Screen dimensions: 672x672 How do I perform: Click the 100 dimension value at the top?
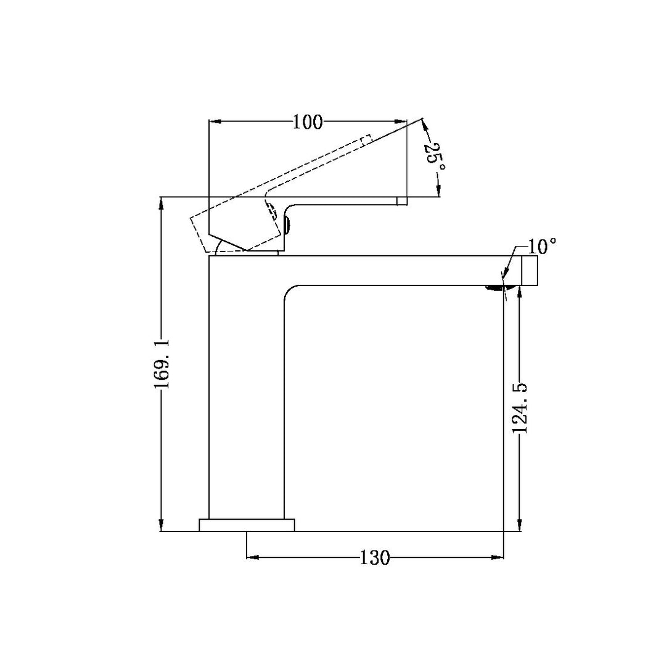point(308,122)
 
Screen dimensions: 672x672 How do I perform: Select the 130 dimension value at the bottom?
point(375,559)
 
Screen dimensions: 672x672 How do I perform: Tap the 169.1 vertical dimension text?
point(162,364)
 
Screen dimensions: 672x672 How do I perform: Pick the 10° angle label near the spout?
point(542,247)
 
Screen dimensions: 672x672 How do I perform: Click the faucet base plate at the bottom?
point(247,525)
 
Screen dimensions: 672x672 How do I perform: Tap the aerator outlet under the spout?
point(496,287)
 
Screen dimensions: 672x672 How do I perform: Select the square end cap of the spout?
point(530,271)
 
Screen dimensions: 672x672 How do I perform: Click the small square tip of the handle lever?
point(401,200)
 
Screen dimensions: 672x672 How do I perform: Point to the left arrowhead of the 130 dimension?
point(252,558)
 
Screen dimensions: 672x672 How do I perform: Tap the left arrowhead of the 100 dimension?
point(215,121)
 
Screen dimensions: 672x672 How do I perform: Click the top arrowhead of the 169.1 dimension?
point(162,202)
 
